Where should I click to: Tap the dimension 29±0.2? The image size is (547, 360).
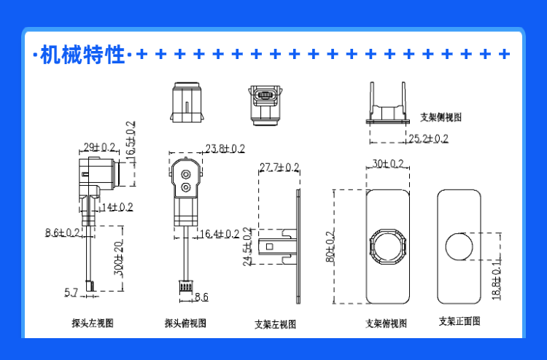[x=98, y=147]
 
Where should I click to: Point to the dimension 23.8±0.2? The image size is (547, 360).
[x=225, y=149]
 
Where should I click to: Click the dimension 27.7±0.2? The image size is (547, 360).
[x=279, y=168]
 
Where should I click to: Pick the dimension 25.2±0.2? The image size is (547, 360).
[x=428, y=139]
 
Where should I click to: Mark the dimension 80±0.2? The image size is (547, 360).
[x=330, y=246]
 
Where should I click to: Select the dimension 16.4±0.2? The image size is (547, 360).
[x=220, y=234]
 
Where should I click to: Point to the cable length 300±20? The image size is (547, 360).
[x=120, y=257]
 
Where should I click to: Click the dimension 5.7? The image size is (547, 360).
[x=71, y=293]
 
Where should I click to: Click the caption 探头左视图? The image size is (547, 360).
[x=93, y=322]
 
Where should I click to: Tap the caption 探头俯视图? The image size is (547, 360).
[x=185, y=323]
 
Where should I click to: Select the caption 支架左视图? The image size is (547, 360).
[x=275, y=324]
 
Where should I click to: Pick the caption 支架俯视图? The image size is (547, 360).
[x=386, y=324]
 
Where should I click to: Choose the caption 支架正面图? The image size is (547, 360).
[x=459, y=321]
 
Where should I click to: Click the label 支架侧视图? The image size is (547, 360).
[x=441, y=117]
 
